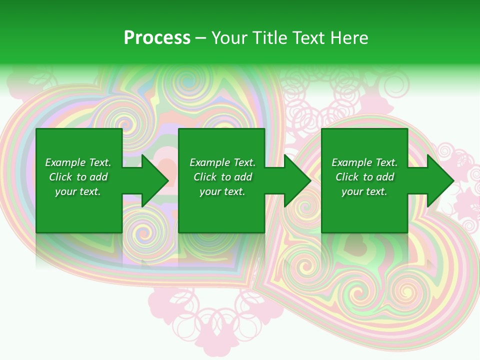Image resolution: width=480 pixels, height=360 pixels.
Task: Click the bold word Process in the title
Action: pyautogui.click(x=157, y=38)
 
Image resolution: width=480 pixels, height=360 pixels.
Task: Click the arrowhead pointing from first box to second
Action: pyautogui.click(x=154, y=180)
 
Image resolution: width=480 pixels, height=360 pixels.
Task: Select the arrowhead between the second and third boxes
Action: pyautogui.click(x=297, y=180)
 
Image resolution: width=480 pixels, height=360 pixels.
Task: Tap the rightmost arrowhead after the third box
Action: pyautogui.click(x=440, y=180)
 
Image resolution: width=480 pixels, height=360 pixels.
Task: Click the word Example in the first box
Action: pyautogui.click(x=65, y=162)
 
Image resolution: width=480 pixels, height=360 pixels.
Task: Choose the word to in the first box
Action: pyautogui.click(x=81, y=177)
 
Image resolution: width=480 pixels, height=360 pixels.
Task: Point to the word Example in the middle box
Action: pyautogui.click(x=209, y=162)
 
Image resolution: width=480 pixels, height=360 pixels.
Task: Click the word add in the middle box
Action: pyautogui.click(x=243, y=177)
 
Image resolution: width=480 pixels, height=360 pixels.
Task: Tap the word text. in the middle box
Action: pyautogui.click(x=234, y=191)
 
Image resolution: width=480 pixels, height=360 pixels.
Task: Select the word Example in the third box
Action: pyautogui.click(x=351, y=162)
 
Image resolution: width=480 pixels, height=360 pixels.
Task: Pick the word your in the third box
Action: pyautogui.click(x=352, y=191)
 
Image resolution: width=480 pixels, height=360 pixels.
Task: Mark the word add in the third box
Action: pyautogui.click(x=385, y=177)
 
